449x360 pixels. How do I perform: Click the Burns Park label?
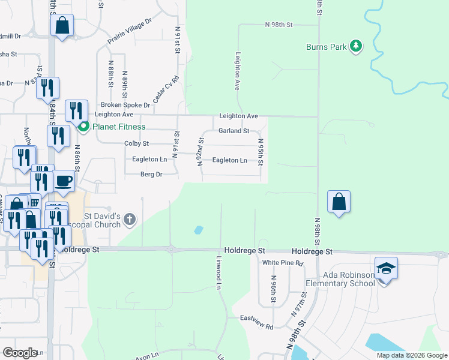coord(326,46)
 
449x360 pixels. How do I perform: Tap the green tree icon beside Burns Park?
coord(356,46)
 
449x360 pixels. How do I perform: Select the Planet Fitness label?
coord(118,127)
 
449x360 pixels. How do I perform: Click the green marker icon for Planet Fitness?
coord(83,127)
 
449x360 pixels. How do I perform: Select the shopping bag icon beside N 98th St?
coord(339,201)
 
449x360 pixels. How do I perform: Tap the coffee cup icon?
coord(64,180)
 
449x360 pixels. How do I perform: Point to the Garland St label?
coord(234,130)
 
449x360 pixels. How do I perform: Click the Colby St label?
coord(136,144)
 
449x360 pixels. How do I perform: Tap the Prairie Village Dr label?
coord(130,31)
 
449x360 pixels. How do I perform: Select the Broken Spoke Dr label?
coord(125,105)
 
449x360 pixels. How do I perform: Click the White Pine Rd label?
coord(283,263)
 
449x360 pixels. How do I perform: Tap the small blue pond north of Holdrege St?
coord(198,229)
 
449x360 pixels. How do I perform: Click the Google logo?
coord(20,353)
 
